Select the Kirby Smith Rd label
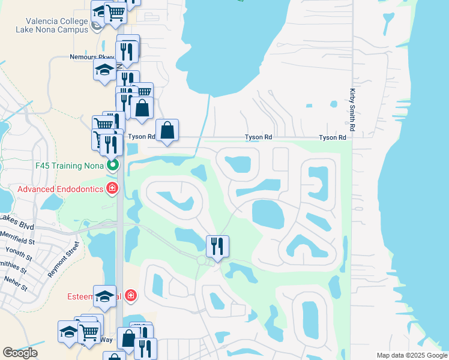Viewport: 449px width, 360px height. point(352,111)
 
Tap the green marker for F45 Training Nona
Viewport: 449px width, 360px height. point(112,164)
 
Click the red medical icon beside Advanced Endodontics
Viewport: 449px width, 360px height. point(112,189)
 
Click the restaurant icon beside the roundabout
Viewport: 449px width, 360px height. point(217,245)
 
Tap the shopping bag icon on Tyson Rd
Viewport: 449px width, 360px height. point(167,129)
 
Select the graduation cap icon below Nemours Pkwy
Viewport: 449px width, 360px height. point(104,69)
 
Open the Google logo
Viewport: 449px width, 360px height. point(20,353)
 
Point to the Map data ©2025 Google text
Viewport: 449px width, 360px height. point(412,355)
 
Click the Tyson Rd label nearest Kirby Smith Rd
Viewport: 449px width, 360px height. point(333,137)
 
